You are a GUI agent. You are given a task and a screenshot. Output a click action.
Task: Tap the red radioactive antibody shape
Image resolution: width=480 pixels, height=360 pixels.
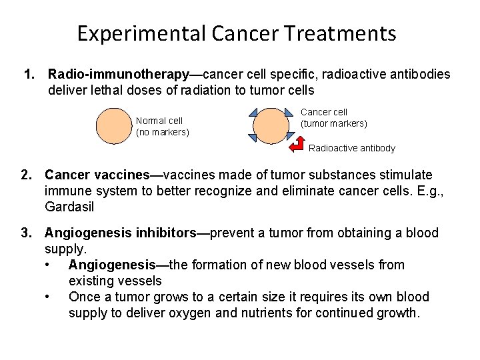[x=295, y=145]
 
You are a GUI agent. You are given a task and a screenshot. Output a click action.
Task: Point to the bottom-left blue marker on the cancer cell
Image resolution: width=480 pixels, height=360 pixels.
[x=253, y=138]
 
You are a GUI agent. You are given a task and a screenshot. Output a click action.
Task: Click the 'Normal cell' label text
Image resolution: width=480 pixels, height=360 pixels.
[x=159, y=121]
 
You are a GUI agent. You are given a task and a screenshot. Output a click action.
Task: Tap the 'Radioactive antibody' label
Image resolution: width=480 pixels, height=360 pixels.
[x=352, y=148]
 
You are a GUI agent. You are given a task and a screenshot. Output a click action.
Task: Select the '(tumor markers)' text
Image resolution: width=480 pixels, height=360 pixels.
[x=333, y=123]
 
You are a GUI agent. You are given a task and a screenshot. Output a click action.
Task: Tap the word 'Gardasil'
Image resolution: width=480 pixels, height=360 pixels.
[x=69, y=207]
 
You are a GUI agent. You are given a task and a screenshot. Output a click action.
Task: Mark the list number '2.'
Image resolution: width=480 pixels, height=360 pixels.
[x=27, y=175]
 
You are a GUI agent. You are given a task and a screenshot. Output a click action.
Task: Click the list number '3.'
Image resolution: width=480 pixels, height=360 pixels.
[x=27, y=233]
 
